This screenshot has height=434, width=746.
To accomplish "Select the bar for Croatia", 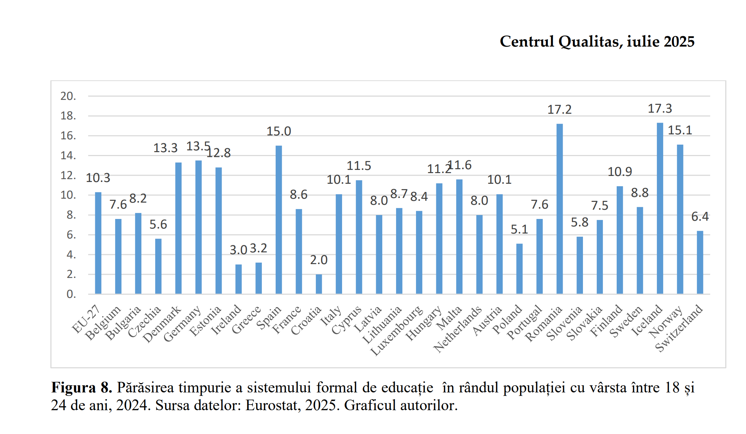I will coord(319,284).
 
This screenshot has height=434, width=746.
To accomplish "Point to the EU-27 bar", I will coord(98,243).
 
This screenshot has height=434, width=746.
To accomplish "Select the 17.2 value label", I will coord(559,109).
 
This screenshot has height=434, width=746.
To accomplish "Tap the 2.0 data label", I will coord(319,260).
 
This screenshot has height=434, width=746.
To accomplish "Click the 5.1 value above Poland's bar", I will coord(519,229).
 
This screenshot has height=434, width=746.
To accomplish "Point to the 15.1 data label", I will coord(680,130).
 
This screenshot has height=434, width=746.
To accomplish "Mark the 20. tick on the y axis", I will coord(68,96).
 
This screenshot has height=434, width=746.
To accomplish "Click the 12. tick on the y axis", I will coord(68,175).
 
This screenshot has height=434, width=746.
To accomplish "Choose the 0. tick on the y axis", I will coord(71,294).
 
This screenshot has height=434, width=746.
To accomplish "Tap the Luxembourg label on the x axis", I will coord(397,331).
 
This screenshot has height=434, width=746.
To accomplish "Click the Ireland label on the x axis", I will coord(226,320).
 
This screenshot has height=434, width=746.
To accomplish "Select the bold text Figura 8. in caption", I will coord(82,387).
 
